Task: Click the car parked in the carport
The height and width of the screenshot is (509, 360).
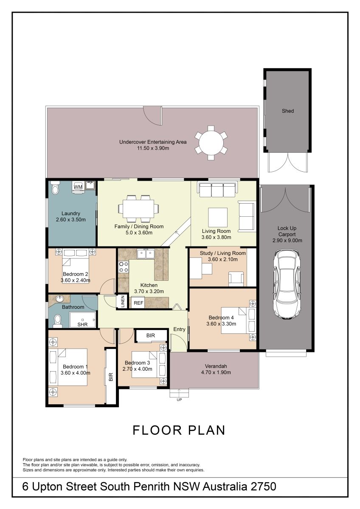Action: tap(287, 284)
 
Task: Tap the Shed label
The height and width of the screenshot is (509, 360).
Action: tap(288, 111)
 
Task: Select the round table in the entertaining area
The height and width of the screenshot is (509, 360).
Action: tap(211, 143)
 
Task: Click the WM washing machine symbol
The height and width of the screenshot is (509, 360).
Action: tap(78, 187)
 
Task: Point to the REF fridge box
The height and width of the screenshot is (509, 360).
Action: tap(138, 303)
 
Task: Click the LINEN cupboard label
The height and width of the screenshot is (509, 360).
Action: tap(123, 301)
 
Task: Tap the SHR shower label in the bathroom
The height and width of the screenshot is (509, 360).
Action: tap(82, 324)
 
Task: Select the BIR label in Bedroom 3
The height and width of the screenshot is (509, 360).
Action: tap(151, 336)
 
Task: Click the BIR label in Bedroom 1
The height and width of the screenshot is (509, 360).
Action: tap(111, 377)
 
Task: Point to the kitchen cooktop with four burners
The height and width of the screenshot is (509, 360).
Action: tap(124, 267)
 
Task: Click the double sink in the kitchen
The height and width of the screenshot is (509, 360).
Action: tap(146, 253)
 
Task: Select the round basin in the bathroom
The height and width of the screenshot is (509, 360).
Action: tap(60, 299)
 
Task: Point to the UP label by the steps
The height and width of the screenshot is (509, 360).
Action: tap(179, 400)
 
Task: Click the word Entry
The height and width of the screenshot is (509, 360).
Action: tap(179, 329)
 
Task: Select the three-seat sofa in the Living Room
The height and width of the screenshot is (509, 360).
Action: tap(217, 189)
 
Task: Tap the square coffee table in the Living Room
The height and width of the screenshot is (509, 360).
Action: tap(218, 218)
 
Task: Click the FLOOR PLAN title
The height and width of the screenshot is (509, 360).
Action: tap(179, 430)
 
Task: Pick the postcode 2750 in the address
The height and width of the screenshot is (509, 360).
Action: tap(263, 487)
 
